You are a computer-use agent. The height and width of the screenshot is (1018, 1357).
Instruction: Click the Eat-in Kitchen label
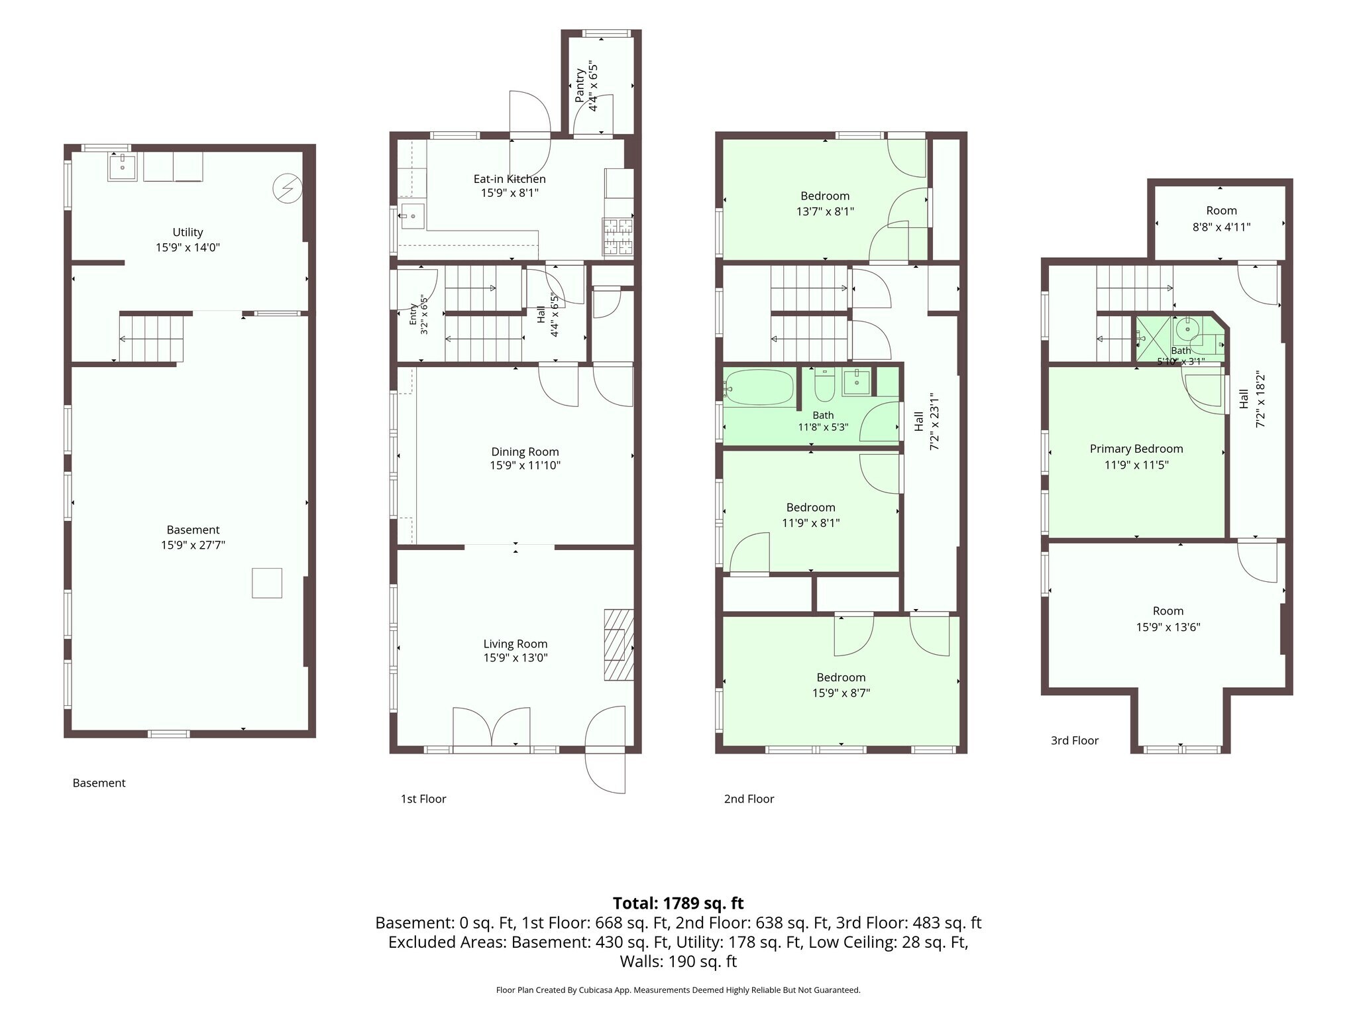(510, 179)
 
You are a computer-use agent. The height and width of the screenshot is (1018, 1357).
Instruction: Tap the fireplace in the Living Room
(619, 645)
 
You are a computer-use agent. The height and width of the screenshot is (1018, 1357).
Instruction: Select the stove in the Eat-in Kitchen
(618, 237)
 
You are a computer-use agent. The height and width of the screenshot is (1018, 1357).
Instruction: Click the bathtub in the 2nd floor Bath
(759, 387)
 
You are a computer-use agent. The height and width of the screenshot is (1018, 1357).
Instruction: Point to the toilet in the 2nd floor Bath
(824, 385)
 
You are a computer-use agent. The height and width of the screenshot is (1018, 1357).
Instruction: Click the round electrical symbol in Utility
(288, 189)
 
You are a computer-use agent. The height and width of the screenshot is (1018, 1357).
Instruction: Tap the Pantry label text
(580, 85)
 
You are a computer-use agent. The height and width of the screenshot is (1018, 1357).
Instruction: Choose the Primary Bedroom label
(1136, 449)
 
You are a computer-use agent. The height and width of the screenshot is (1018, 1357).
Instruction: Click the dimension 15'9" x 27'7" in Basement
(193, 545)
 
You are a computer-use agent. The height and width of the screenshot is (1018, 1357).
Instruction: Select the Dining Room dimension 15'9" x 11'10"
(525, 465)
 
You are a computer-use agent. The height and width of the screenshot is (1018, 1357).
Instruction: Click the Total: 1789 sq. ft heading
(678, 903)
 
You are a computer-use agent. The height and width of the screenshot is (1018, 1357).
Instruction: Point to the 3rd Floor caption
(1075, 740)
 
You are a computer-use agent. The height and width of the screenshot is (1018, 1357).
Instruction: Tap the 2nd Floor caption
(749, 799)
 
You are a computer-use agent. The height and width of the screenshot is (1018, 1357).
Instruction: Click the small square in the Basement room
(267, 583)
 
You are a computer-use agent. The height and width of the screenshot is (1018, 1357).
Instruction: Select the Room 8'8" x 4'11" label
(1221, 219)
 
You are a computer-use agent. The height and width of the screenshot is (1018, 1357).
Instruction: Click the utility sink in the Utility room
(123, 167)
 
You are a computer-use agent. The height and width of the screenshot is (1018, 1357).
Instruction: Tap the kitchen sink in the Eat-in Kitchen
(412, 216)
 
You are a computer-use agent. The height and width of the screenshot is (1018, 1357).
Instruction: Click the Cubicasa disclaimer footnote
(678, 990)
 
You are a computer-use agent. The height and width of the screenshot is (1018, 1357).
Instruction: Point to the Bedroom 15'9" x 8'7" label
(841, 685)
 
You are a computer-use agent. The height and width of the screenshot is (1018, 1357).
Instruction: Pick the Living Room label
(515, 644)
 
